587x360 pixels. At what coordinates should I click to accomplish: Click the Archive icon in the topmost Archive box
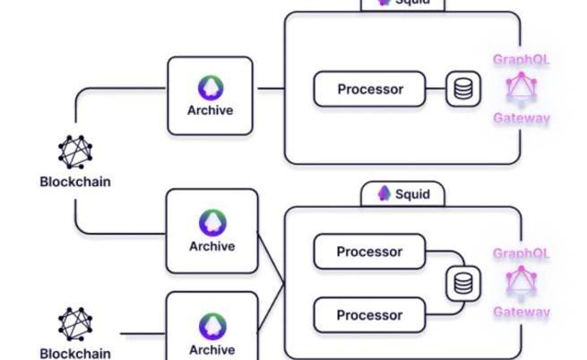(x=211, y=88)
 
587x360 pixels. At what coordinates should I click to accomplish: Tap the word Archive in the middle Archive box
(x=211, y=246)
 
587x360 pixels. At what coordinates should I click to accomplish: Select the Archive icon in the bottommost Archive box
(x=211, y=325)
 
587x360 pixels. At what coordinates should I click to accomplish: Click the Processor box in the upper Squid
(x=369, y=90)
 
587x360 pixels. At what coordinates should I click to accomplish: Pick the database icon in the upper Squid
(x=463, y=90)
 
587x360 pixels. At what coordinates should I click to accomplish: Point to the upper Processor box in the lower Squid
(x=369, y=252)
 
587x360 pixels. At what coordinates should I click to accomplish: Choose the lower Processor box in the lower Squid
(x=369, y=315)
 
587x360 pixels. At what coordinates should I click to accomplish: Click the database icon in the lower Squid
(x=463, y=283)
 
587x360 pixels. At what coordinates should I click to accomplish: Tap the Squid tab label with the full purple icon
(x=402, y=193)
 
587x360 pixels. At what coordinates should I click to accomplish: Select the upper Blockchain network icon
(x=76, y=152)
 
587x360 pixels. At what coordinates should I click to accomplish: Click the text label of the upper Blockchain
(x=75, y=181)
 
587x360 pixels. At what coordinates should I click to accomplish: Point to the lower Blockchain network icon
(x=76, y=324)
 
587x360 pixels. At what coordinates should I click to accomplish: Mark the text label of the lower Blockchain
(x=75, y=352)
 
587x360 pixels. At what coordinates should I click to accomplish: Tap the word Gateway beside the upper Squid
(x=521, y=117)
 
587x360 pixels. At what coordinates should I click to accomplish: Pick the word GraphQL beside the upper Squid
(x=521, y=60)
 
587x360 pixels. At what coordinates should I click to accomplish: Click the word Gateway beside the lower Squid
(x=521, y=312)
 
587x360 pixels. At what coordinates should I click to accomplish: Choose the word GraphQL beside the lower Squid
(x=521, y=253)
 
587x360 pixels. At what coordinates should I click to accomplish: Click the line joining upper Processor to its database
(x=436, y=90)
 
